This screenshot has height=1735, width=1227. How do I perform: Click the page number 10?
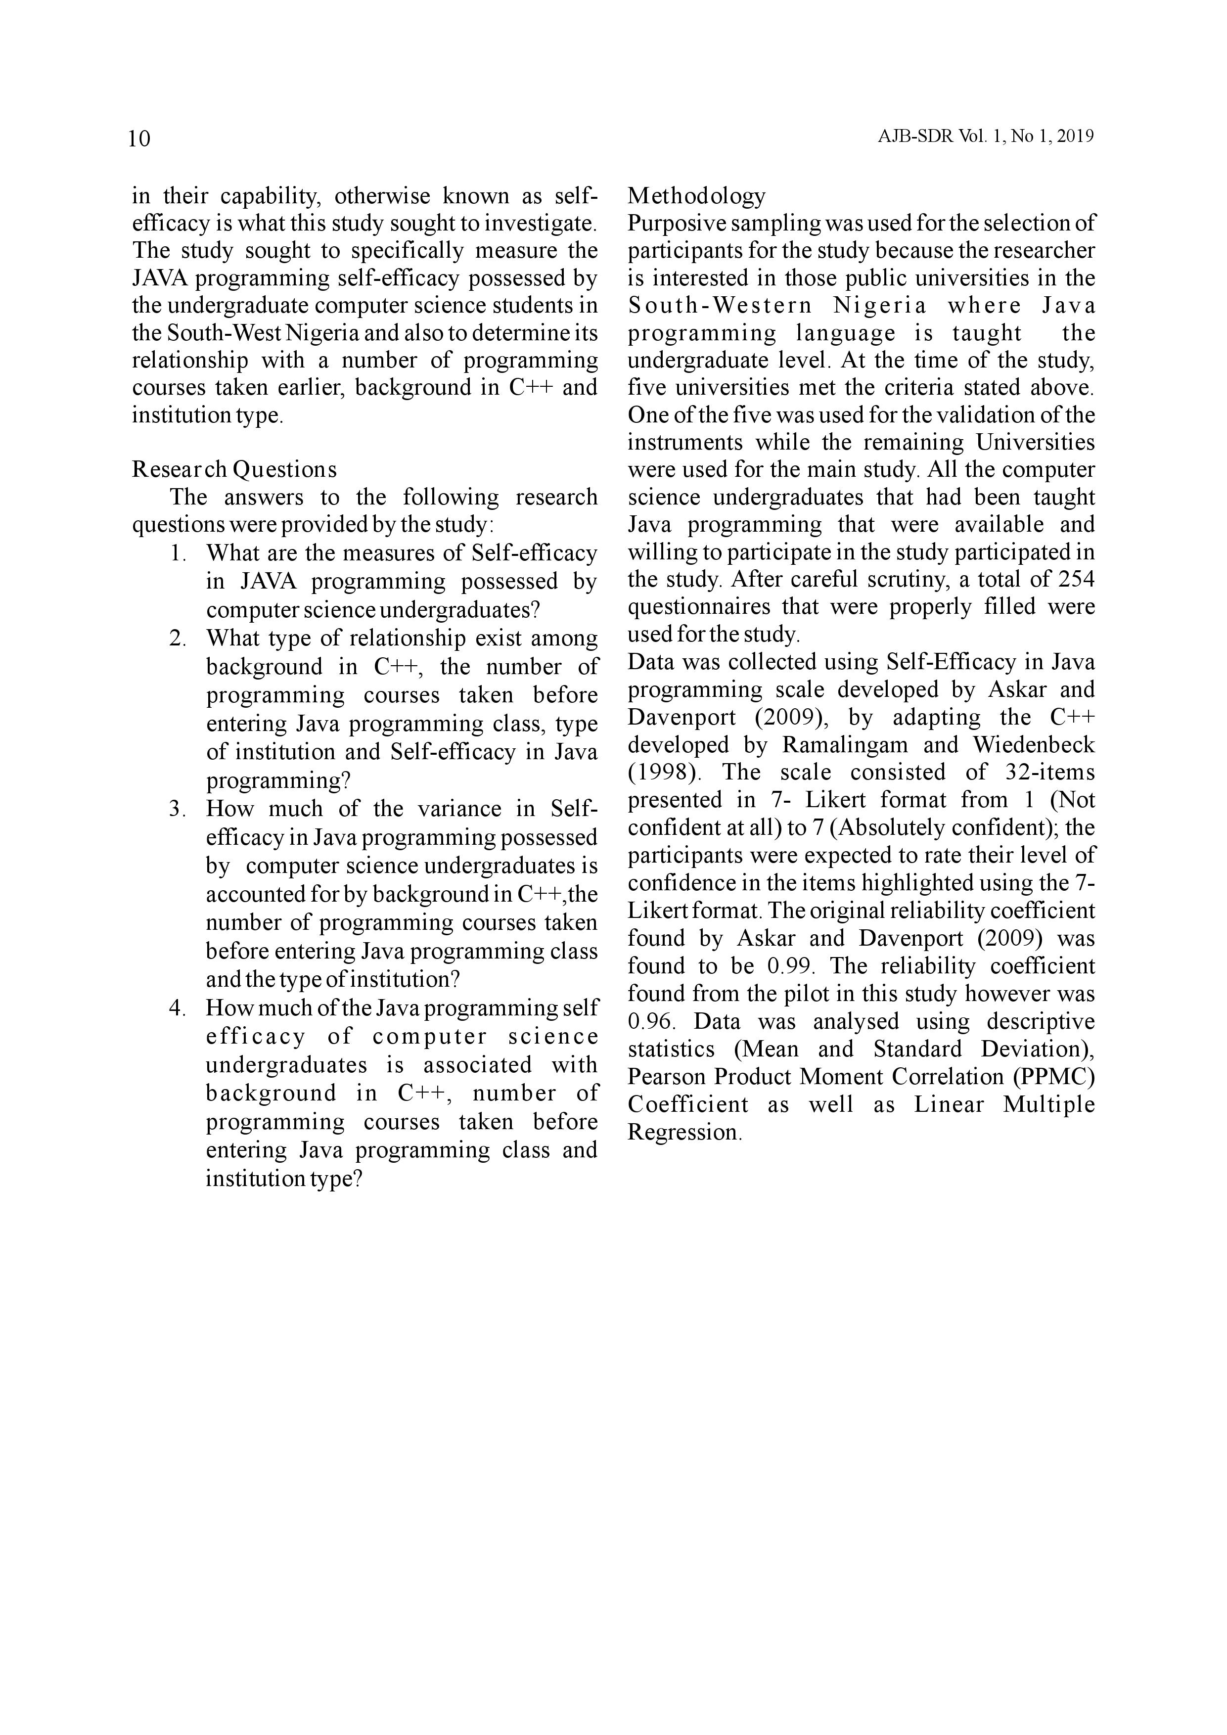pyautogui.click(x=140, y=139)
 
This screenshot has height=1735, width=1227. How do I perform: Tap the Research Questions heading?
pyautogui.click(x=234, y=469)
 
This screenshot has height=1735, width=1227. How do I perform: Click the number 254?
pyautogui.click(x=1074, y=580)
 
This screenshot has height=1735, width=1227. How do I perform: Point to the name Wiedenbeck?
pyautogui.click(x=1033, y=745)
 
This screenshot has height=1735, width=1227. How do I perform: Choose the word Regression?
pyautogui.click(x=684, y=1132)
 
